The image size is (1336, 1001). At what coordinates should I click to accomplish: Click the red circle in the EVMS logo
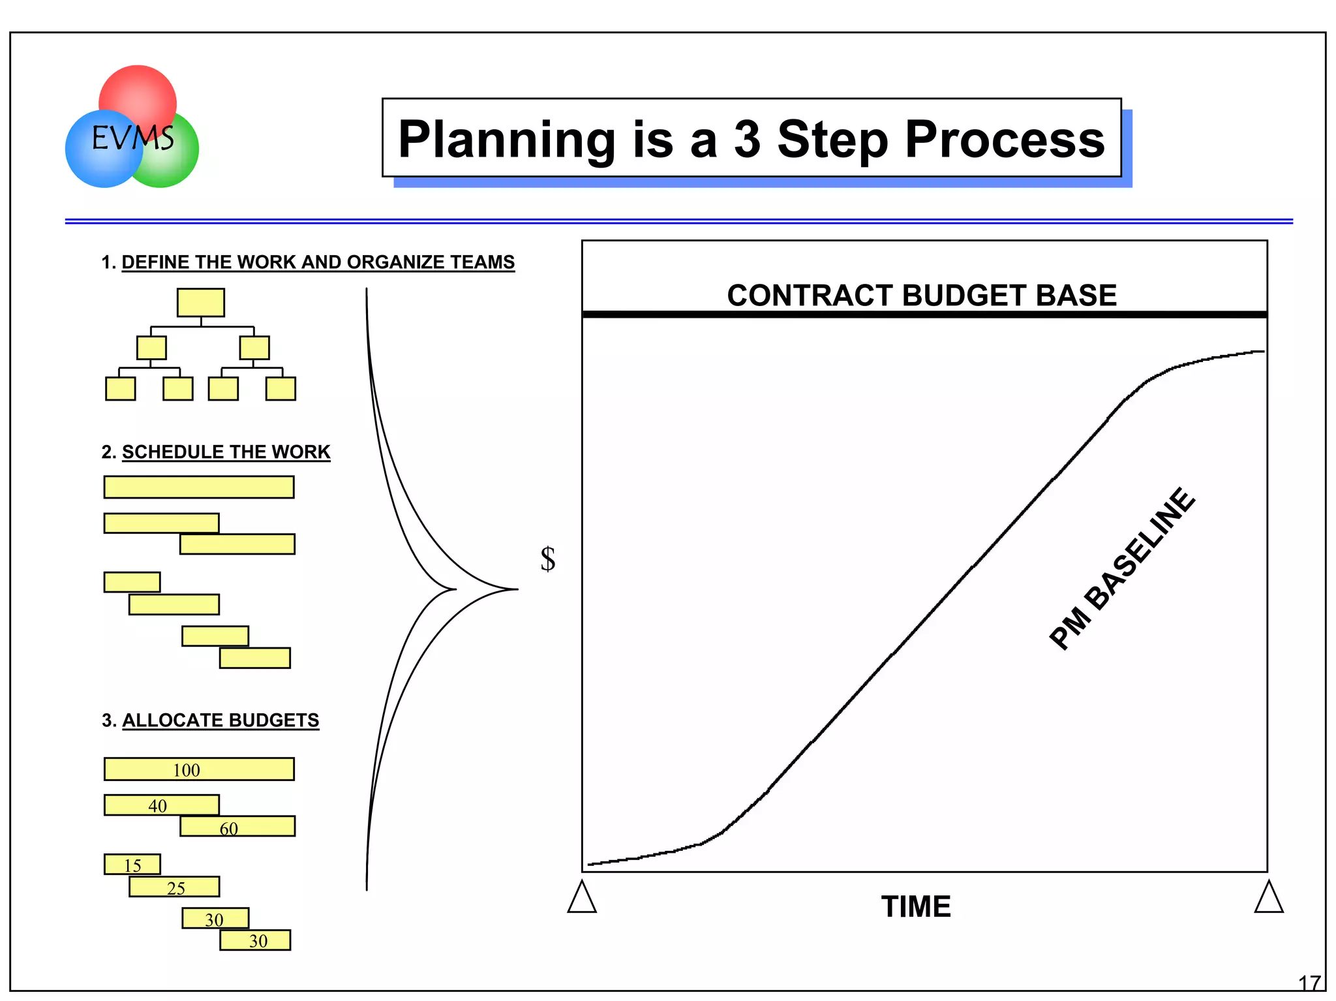point(138,91)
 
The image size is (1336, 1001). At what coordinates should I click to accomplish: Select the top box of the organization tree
point(200,303)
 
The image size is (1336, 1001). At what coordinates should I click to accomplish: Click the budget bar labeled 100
point(199,769)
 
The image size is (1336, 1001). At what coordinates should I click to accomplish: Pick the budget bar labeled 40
point(161,805)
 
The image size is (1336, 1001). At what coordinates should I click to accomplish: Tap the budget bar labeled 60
point(237,827)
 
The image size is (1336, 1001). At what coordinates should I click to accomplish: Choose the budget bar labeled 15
point(132,865)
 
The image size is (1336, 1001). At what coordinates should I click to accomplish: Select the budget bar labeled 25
point(174,887)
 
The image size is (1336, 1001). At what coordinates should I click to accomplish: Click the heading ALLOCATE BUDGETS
point(220,720)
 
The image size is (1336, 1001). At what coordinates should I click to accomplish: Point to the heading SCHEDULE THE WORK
point(225,452)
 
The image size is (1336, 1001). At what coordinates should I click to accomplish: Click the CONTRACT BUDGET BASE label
point(921,296)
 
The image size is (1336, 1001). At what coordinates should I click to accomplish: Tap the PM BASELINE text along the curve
point(1122,569)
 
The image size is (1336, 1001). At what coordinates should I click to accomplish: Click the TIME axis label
point(915,907)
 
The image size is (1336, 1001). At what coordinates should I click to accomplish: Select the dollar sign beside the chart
point(548,559)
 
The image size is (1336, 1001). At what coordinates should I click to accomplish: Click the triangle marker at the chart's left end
point(582,898)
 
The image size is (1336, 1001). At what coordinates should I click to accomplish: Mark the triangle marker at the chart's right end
point(1269,898)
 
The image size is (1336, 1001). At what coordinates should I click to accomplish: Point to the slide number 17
point(1309,983)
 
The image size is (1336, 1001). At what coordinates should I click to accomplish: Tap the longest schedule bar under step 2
point(199,487)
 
